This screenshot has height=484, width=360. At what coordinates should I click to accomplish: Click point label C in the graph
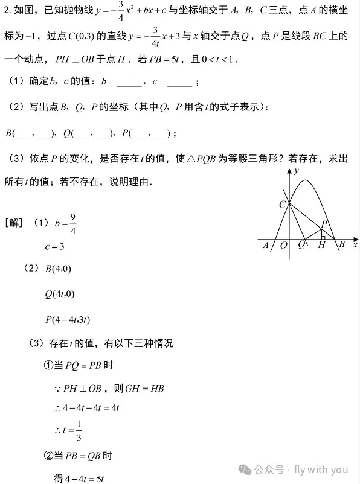pos(282,205)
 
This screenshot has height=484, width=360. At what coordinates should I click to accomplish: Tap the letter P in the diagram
pos(324,224)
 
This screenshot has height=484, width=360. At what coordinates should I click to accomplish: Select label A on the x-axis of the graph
pos(265,245)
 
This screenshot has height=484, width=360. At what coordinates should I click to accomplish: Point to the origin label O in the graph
pos(283,245)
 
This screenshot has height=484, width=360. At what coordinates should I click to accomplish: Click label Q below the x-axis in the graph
pos(301,245)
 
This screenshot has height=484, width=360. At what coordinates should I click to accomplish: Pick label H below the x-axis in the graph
pos(321,245)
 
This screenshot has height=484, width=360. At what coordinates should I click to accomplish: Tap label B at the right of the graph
pos(341,244)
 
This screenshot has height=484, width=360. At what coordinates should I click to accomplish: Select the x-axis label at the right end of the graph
pos(355,244)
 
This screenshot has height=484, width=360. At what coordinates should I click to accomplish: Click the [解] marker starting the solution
pos(14,223)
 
